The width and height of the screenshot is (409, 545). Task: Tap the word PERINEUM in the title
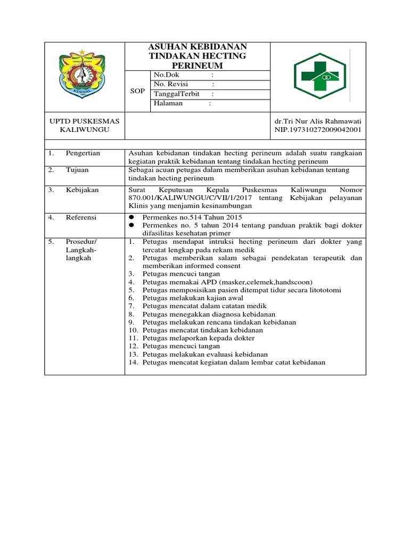click(198, 65)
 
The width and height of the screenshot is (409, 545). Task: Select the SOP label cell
click(138, 91)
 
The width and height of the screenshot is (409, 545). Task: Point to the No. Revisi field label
click(171, 84)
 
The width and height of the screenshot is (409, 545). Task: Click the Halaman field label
click(168, 103)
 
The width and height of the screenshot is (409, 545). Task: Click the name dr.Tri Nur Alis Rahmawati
click(318, 121)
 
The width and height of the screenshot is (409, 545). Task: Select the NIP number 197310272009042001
click(318, 129)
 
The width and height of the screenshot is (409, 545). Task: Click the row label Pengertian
click(83, 153)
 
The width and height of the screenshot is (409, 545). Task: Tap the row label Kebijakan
click(82, 189)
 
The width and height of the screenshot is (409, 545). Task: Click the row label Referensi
click(81, 217)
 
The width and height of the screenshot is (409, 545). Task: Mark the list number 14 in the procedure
click(133, 362)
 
